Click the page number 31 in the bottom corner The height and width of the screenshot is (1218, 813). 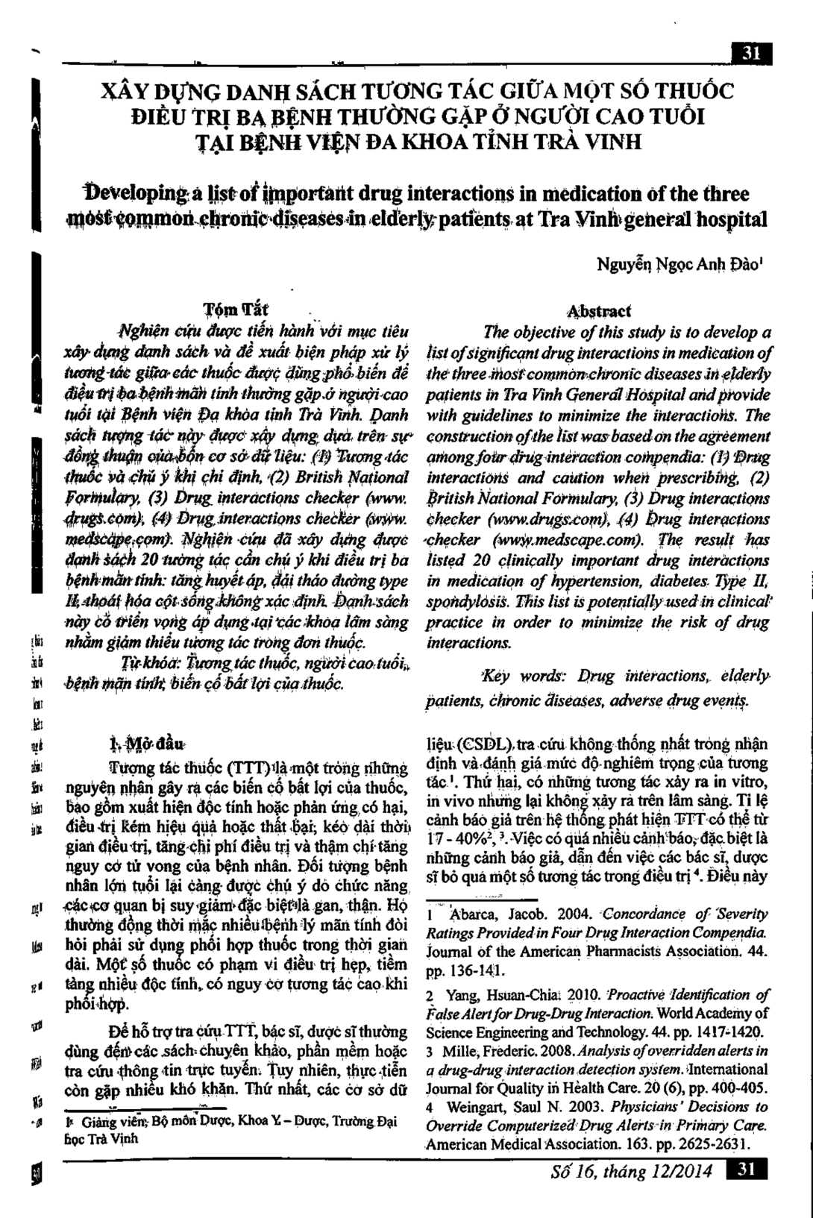pyautogui.click(x=747, y=1171)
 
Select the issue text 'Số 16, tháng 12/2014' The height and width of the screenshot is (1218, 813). pyautogui.click(x=631, y=1172)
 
